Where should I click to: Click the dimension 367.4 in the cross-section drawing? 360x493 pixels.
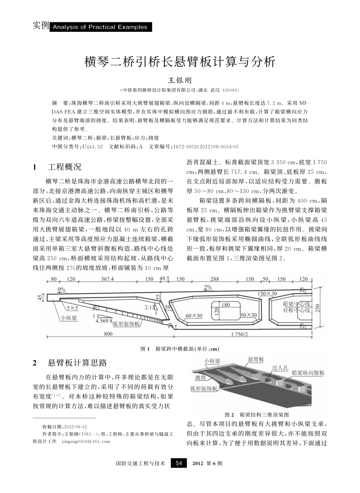point(107,279)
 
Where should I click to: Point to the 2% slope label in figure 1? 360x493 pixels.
point(208,287)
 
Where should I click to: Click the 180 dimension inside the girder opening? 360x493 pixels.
point(225,304)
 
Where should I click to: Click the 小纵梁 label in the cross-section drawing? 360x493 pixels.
point(69,318)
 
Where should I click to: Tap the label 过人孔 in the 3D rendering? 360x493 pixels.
point(280,368)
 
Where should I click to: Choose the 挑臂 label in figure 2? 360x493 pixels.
point(200,378)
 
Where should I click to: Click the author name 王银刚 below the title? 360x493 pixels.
point(180,81)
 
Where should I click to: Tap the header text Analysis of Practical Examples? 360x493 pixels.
point(100,27)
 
